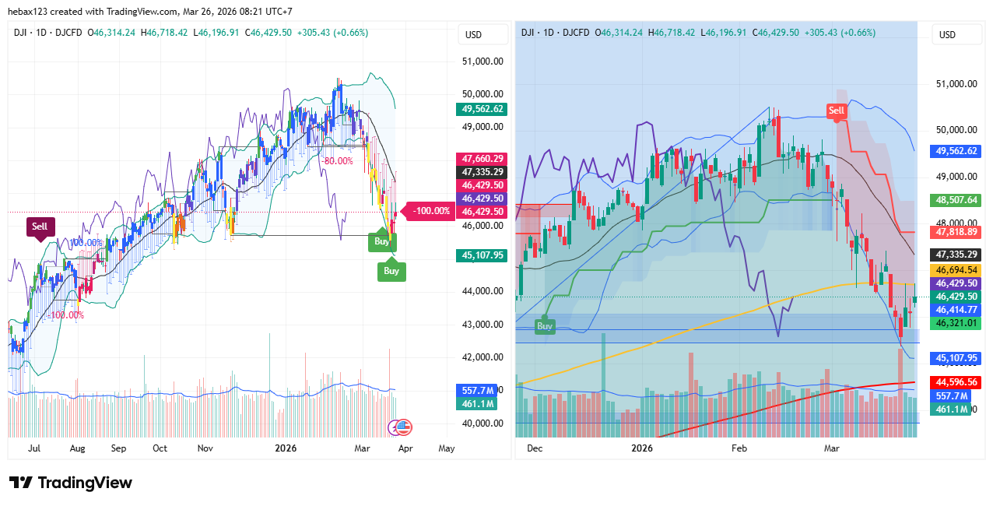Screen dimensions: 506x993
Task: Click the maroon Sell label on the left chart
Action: [40, 227]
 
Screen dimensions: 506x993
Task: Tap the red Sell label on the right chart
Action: [836, 111]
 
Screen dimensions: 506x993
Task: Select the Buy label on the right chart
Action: [545, 325]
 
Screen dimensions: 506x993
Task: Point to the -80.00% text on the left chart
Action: [337, 161]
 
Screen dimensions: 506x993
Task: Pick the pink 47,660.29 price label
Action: [482, 159]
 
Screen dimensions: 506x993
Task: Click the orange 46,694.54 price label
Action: [956, 269]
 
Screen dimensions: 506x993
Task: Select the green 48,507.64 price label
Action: [956, 200]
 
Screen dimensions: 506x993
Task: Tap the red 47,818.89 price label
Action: [956, 232]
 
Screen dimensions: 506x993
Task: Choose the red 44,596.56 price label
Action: [956, 382]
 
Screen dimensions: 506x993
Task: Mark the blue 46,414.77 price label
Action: [956, 310]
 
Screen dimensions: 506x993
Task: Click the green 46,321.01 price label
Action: [956, 323]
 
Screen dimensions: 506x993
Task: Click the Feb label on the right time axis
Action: [739, 448]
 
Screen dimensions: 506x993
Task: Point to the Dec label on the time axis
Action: [535, 448]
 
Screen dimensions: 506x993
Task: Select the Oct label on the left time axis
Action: [160, 448]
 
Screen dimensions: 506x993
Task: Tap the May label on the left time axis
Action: [447, 448]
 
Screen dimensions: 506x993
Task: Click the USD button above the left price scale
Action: [473, 35]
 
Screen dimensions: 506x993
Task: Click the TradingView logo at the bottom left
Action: [71, 483]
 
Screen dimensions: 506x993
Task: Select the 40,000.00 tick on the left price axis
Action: [482, 423]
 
